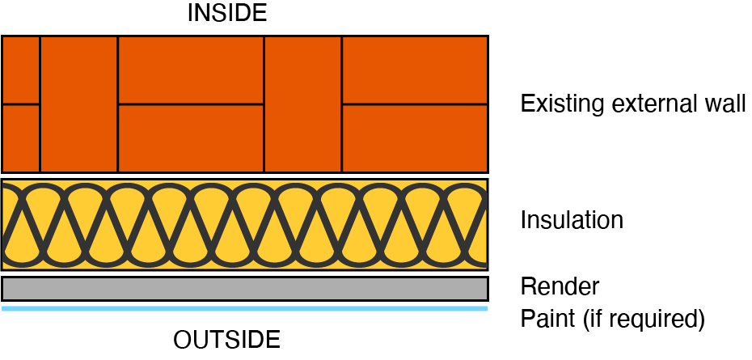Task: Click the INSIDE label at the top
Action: pos(226,13)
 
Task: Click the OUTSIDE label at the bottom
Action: pos(226,339)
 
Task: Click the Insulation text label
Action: pos(572,220)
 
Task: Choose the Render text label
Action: pos(560,286)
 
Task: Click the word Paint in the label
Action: pos(547,319)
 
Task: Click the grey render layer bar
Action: pos(245,289)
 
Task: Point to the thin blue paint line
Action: pos(245,308)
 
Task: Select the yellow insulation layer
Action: pos(245,224)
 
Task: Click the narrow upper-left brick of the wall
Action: pos(20,70)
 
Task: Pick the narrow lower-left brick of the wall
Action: pos(20,138)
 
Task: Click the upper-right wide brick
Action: pos(415,70)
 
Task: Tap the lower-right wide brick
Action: pos(415,138)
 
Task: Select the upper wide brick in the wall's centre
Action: pos(191,70)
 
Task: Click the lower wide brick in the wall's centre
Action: pos(191,138)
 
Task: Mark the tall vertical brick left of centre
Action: pos(78,104)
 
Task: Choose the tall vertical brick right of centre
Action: pos(303,104)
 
